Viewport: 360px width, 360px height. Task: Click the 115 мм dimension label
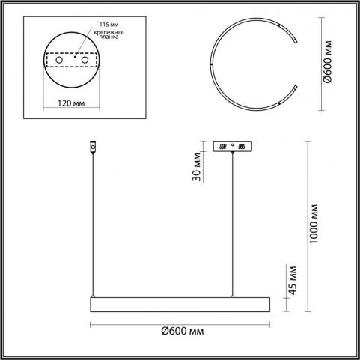click(109, 25)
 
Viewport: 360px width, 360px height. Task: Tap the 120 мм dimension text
click(71, 103)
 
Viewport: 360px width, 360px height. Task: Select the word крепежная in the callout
click(109, 32)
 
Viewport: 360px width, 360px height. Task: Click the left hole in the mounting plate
click(59, 60)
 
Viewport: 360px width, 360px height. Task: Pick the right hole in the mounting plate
click(85, 60)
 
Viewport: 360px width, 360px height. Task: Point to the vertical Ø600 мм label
click(328, 61)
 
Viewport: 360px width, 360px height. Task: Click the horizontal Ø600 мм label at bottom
click(183, 331)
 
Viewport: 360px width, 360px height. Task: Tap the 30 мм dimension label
click(197, 166)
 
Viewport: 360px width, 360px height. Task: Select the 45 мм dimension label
click(293, 281)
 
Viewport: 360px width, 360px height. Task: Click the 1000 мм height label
click(314, 224)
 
